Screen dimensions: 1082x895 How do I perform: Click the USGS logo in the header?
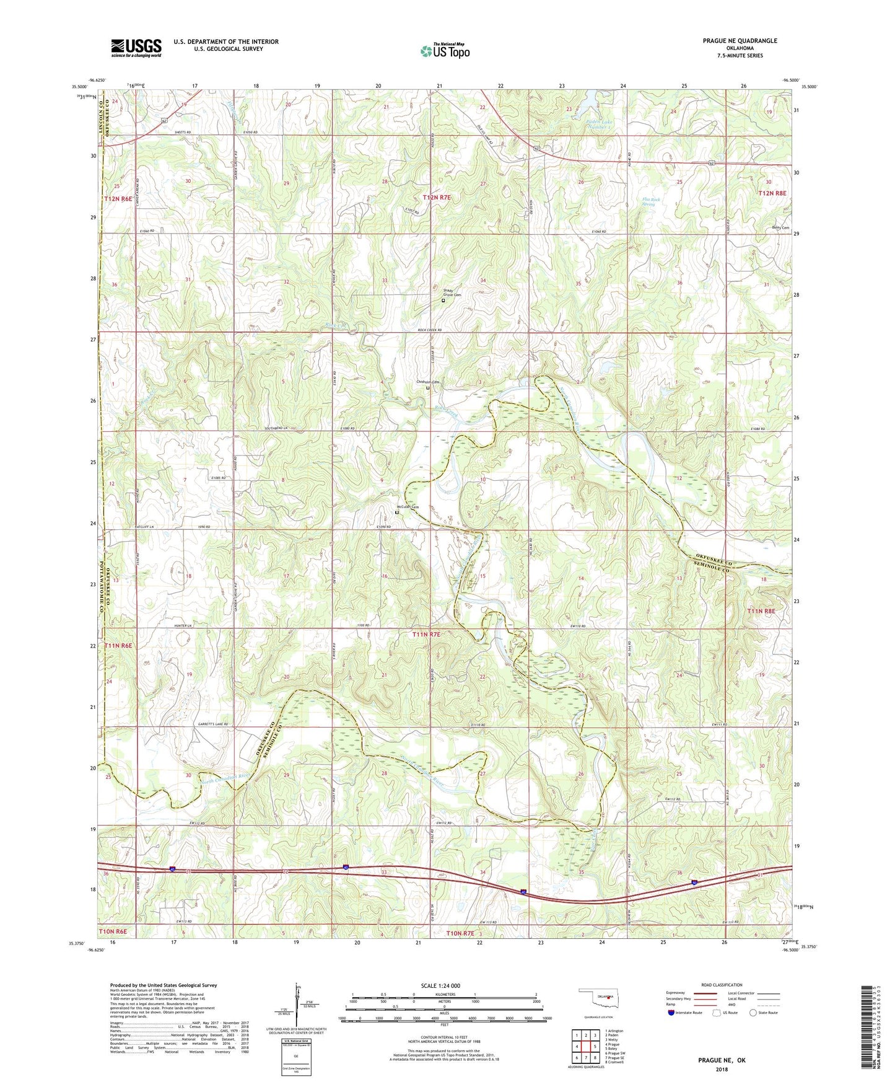pyautogui.click(x=136, y=48)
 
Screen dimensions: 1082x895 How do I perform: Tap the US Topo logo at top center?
pyautogui.click(x=444, y=51)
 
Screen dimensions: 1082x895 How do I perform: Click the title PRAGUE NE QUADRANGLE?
pyautogui.click(x=740, y=41)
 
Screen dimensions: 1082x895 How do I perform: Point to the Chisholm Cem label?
pyautogui.click(x=427, y=382)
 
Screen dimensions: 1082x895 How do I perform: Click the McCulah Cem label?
pyautogui.click(x=408, y=507)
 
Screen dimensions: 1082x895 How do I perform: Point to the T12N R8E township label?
pyautogui.click(x=772, y=193)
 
